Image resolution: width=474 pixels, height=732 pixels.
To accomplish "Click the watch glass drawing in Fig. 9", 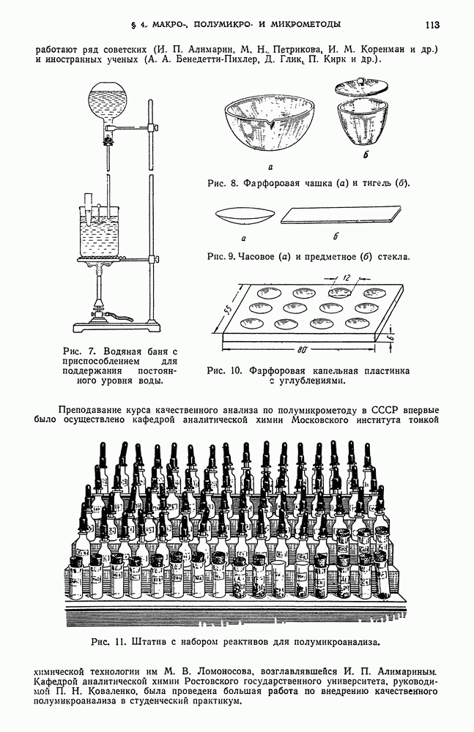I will click(244, 217).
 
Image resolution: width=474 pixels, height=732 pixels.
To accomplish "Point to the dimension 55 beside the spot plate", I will click(228, 307).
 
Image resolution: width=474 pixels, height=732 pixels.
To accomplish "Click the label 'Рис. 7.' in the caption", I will click(80, 351).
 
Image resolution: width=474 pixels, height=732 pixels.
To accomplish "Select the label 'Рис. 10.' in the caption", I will click(225, 370).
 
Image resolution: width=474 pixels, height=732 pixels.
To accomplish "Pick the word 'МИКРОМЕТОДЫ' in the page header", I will click(302, 25).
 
